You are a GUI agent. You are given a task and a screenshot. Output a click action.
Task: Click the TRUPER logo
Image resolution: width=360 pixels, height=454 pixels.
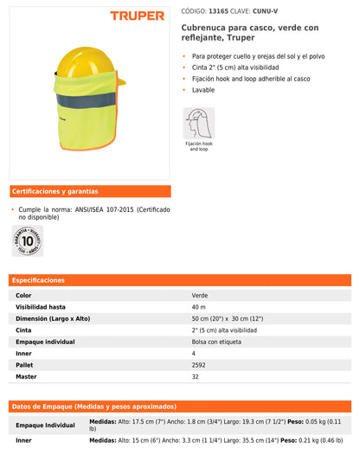pyautogui.click(x=138, y=16)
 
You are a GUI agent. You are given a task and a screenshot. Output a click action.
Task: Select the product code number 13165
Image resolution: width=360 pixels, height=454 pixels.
pyautogui.click(x=219, y=10)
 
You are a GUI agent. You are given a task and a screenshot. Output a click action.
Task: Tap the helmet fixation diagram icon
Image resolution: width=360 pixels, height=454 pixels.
pyautogui.click(x=198, y=124)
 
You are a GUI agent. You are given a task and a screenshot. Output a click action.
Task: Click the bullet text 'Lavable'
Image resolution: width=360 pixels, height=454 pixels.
pyautogui.click(x=204, y=90)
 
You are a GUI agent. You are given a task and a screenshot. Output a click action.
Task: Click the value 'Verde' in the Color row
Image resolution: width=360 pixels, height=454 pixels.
pyautogui.click(x=200, y=296)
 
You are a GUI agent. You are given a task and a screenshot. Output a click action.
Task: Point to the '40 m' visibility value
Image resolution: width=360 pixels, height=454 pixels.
pyautogui.click(x=199, y=307)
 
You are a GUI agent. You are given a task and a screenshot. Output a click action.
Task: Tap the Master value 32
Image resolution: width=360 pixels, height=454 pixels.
pyautogui.click(x=196, y=376)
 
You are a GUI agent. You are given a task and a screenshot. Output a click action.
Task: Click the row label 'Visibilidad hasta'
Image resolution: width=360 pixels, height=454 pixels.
pyautogui.click(x=41, y=307)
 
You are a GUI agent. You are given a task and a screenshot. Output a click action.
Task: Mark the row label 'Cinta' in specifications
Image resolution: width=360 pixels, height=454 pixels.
pyautogui.click(x=24, y=330)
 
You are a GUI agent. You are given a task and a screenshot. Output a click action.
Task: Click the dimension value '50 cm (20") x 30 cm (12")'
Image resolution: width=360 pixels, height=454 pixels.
pyautogui.click(x=228, y=318)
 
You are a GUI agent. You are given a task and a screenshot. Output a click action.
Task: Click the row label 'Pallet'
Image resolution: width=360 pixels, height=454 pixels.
pyautogui.click(x=25, y=365)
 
